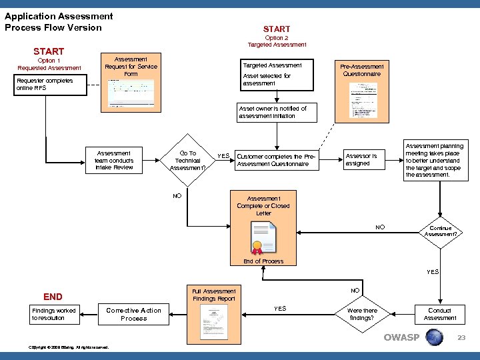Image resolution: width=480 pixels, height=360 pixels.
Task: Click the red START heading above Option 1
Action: click(x=49, y=51)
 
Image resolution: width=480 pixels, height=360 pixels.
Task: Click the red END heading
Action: click(x=53, y=297)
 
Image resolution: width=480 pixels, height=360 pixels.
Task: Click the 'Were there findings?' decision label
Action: click(x=362, y=314)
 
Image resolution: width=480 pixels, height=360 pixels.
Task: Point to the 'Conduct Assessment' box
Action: click(x=440, y=314)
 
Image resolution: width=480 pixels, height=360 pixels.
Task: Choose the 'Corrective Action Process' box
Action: click(x=133, y=314)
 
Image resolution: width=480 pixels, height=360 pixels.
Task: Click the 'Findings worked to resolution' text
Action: click(x=54, y=314)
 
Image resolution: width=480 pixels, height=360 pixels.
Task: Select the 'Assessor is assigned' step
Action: click(x=361, y=160)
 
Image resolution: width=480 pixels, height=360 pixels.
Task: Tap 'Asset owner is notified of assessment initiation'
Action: click(x=273, y=112)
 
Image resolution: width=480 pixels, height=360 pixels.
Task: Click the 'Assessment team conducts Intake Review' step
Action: click(x=114, y=160)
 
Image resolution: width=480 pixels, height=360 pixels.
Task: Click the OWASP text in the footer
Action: click(x=401, y=337)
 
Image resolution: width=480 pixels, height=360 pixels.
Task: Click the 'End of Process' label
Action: click(x=263, y=261)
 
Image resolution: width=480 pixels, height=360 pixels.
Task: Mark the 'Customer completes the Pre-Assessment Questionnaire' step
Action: click(x=276, y=160)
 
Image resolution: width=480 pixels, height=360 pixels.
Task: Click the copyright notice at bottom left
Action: click(x=69, y=347)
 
